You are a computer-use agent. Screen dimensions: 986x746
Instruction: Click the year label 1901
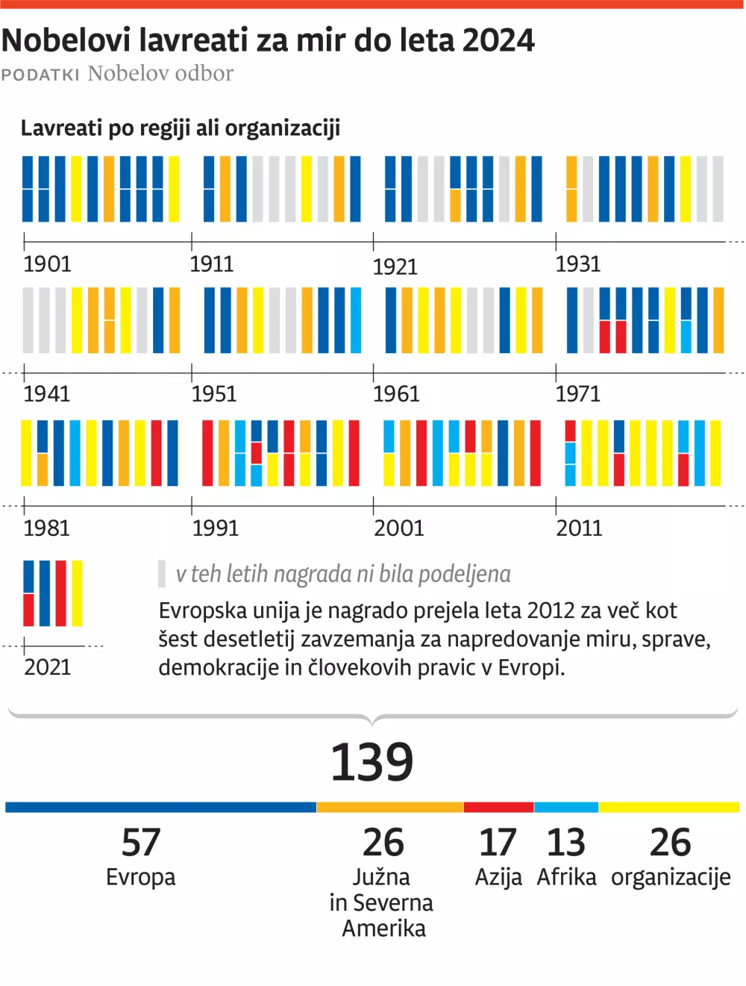click(x=47, y=264)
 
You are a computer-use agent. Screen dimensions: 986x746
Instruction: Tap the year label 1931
click(x=578, y=264)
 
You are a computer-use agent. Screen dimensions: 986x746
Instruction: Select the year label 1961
click(x=396, y=394)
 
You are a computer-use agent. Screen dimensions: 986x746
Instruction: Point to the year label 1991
click(x=215, y=528)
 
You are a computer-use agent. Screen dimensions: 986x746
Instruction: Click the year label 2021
click(x=47, y=667)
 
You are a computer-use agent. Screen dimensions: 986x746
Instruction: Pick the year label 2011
click(x=579, y=528)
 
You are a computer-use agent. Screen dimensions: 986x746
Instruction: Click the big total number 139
click(x=372, y=763)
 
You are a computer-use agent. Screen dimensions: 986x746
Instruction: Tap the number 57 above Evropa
click(x=141, y=843)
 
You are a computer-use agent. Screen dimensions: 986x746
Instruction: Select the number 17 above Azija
click(x=498, y=843)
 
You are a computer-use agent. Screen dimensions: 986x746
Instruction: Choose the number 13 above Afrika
click(x=565, y=843)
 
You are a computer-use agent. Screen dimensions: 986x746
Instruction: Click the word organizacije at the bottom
click(x=671, y=877)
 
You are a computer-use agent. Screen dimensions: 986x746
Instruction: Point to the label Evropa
click(x=141, y=877)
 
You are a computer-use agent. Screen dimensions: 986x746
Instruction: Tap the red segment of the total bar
click(x=498, y=808)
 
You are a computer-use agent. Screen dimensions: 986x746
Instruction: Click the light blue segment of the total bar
click(x=565, y=808)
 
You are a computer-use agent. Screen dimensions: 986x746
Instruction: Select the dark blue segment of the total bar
click(x=160, y=808)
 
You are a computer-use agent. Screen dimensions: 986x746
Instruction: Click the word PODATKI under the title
click(x=40, y=75)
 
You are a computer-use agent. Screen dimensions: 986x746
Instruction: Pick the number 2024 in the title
click(x=498, y=40)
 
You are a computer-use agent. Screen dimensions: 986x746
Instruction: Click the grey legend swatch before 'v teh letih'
click(x=162, y=574)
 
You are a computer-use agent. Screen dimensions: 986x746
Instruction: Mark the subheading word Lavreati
click(x=61, y=128)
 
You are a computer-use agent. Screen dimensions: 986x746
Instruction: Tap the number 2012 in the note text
click(x=551, y=611)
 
